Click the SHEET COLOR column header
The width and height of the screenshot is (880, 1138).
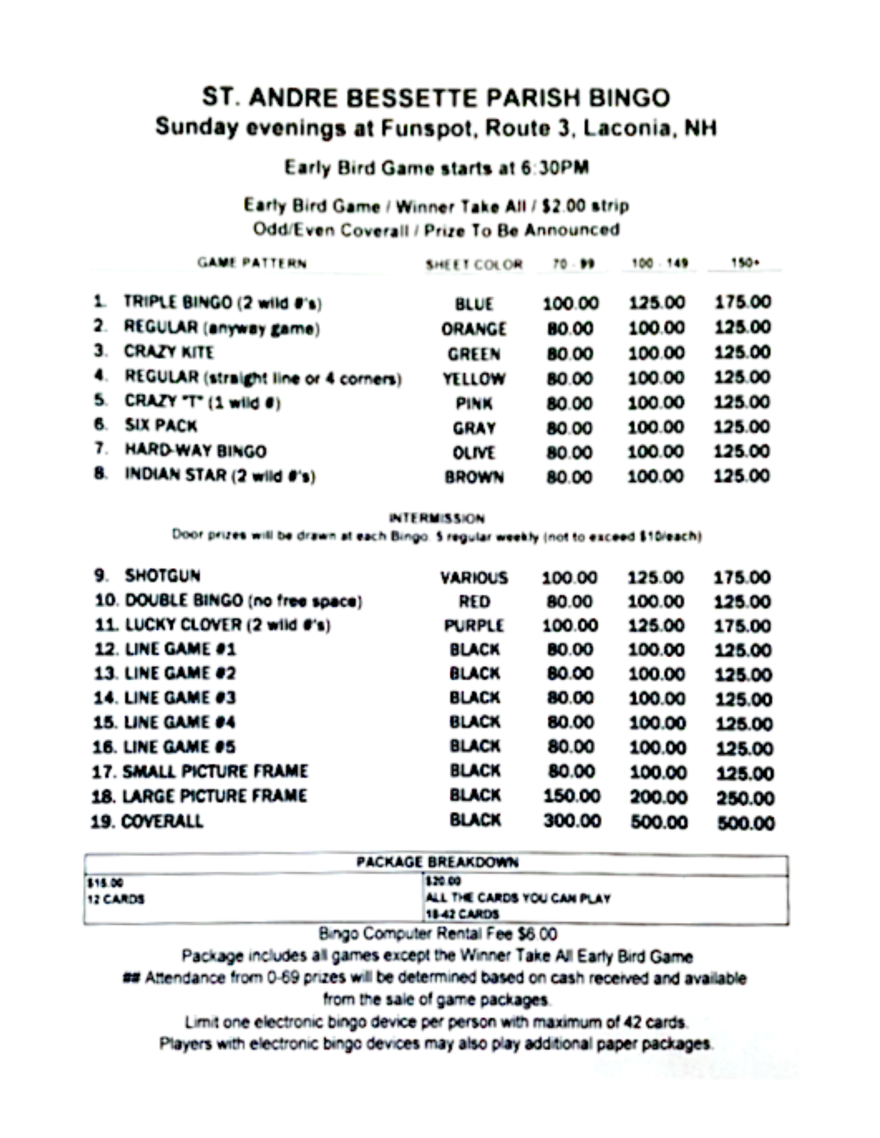[474, 264]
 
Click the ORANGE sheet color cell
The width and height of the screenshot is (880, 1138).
[474, 329]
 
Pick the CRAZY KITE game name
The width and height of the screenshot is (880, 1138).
[169, 352]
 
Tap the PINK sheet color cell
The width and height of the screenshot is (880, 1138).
[474, 404]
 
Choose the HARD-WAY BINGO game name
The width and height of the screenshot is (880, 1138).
[195, 451]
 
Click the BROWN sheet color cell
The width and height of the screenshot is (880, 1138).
[474, 477]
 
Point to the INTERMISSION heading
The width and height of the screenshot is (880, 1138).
[437, 518]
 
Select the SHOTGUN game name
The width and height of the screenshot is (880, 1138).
[163, 576]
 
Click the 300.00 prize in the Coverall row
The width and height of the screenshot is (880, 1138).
[572, 821]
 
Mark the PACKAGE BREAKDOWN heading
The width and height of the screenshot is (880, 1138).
[437, 862]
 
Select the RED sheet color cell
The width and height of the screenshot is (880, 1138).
[474, 602]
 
